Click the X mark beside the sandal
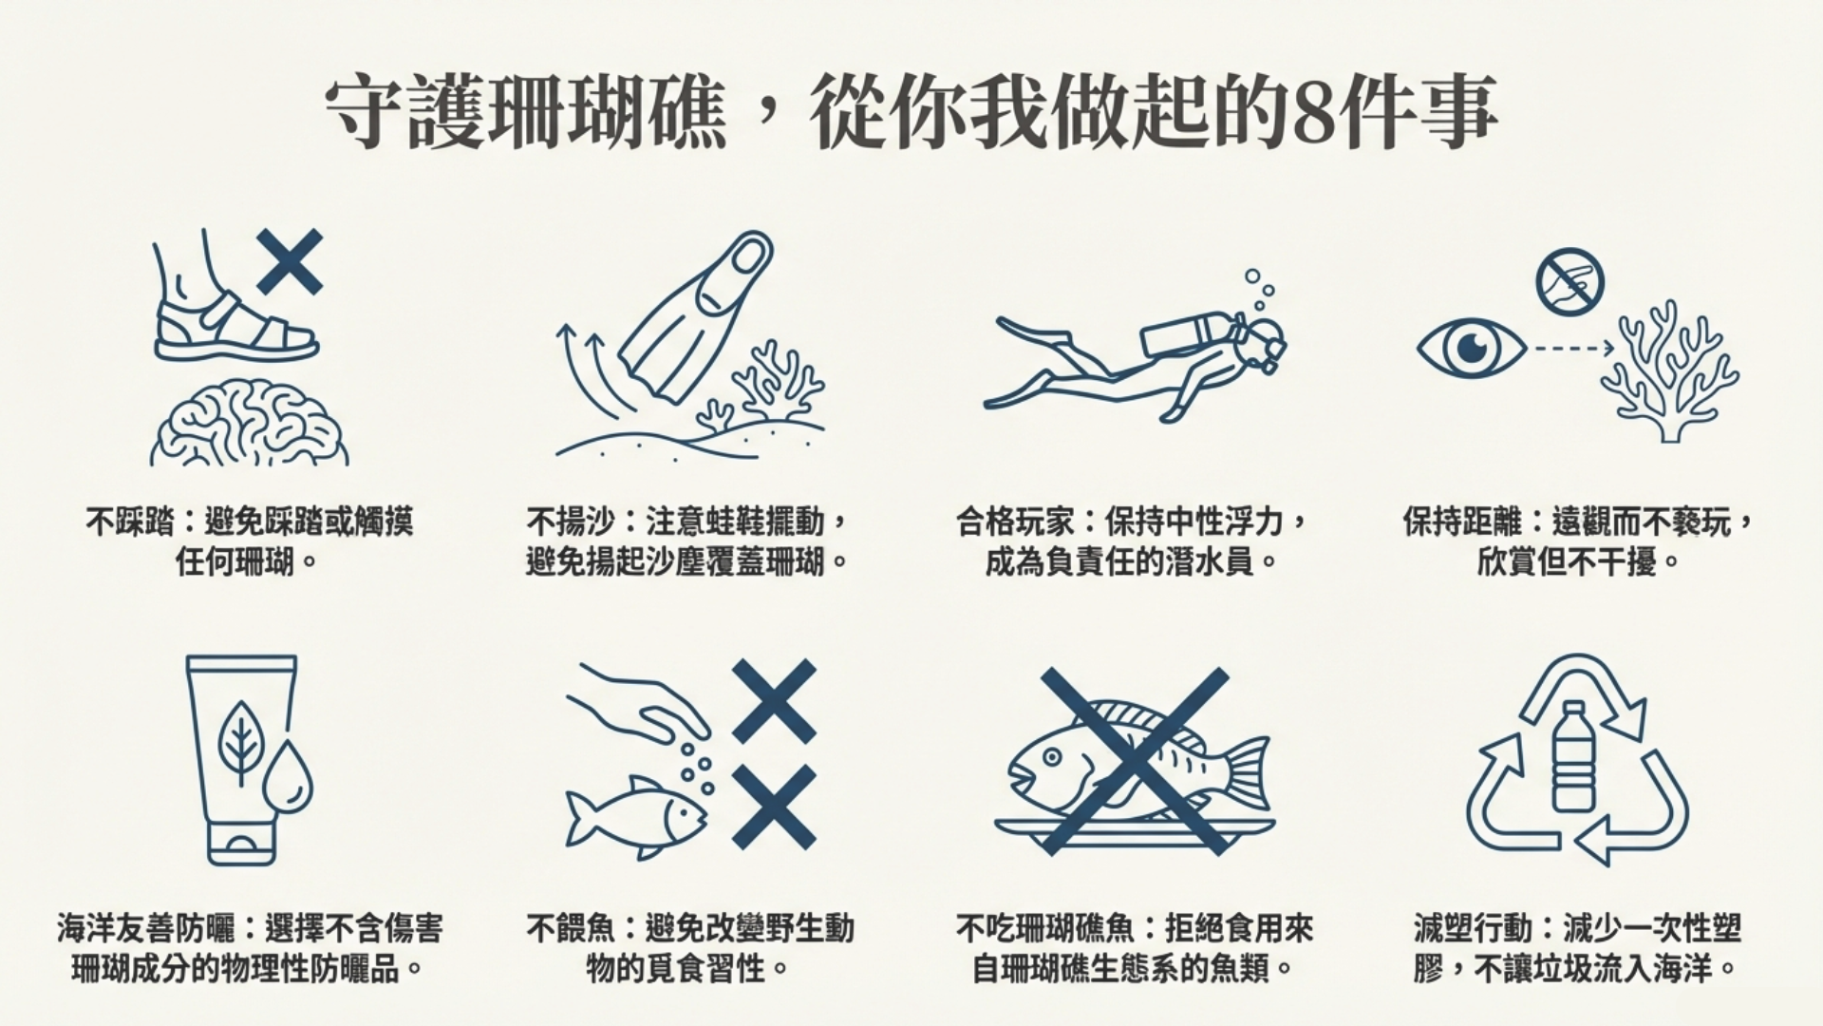coord(290,261)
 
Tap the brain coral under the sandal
coord(250,425)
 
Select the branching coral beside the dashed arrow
coord(1670,371)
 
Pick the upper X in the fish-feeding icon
coord(774,700)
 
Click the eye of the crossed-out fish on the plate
coord(1051,758)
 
